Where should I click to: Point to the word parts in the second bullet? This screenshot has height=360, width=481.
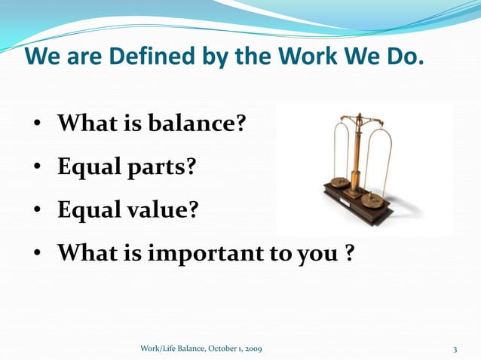(158, 166)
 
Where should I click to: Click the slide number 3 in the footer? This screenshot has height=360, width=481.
(455, 349)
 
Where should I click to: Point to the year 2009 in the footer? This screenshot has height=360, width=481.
(253, 349)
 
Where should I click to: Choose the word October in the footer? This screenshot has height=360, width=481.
(219, 349)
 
